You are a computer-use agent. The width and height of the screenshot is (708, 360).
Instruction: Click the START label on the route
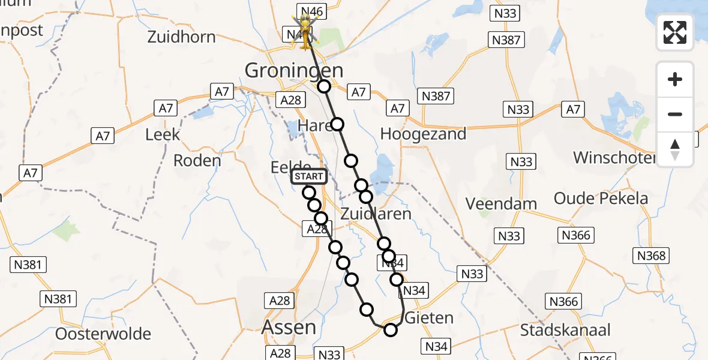[309, 176]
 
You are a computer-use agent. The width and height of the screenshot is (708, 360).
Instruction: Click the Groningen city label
[293, 70]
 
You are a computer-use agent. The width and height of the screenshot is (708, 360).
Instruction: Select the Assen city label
[290, 327]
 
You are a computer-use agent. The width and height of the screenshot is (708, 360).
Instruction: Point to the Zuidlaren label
[376, 214]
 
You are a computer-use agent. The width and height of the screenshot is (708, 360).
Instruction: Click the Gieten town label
[430, 317]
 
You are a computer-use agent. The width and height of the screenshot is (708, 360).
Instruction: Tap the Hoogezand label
[423, 134]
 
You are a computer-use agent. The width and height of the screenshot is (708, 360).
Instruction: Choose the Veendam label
[501, 203]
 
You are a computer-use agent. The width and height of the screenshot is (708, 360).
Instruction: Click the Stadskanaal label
[565, 329]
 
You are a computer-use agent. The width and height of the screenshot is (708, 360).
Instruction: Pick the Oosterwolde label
[103, 334]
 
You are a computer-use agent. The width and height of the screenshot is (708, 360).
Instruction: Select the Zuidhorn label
[181, 37]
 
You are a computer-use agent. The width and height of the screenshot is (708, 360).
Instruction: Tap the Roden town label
[197, 160]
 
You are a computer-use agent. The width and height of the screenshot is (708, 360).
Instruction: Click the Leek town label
[163, 134]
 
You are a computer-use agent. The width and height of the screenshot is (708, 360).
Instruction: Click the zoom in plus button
[675, 79]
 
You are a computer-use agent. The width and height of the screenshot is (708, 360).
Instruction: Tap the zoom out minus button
[675, 114]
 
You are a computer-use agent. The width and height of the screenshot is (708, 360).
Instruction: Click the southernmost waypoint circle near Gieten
[391, 329]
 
